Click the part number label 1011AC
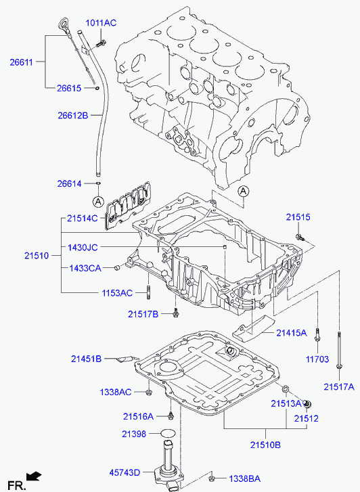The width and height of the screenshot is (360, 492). (101, 23)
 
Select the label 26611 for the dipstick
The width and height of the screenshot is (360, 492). (22, 62)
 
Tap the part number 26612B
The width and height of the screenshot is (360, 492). (73, 116)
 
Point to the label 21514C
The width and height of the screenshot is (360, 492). (83, 219)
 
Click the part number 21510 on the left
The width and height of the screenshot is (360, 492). (37, 256)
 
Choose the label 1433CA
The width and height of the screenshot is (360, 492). (85, 268)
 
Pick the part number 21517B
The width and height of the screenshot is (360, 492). (143, 314)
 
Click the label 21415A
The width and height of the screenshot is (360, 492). (292, 333)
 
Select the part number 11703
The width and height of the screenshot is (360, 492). (317, 359)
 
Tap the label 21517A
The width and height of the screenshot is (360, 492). (339, 387)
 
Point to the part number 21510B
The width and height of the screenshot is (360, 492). (265, 445)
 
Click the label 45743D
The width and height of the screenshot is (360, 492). (125, 472)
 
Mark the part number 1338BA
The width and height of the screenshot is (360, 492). (244, 479)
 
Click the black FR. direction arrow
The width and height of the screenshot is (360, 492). (34, 476)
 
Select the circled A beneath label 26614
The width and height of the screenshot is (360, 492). (98, 202)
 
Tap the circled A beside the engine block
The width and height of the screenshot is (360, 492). (243, 191)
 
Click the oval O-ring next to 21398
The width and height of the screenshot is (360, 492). (168, 434)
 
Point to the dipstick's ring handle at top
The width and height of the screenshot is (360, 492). (62, 24)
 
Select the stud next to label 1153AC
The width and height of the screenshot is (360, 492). (148, 292)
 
